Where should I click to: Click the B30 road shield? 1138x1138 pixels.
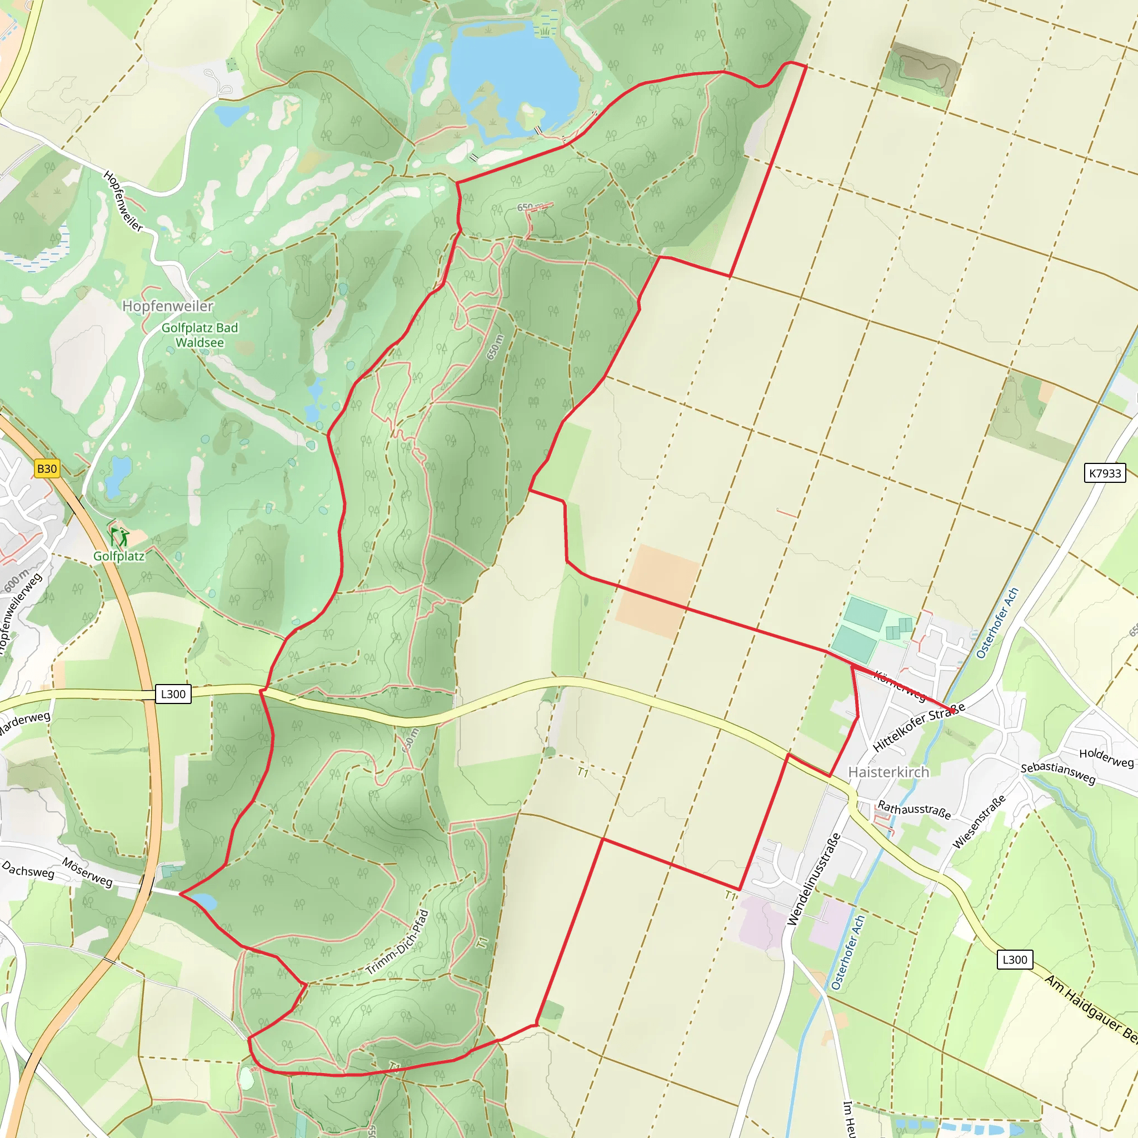coord(47,469)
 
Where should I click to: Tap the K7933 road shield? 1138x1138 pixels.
coord(1105,473)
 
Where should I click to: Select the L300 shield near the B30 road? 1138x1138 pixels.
coord(173,694)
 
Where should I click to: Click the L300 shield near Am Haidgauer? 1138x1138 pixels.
coord(1015,960)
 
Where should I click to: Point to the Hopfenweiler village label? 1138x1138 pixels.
coord(168,306)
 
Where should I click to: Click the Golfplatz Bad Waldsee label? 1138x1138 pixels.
coord(199,335)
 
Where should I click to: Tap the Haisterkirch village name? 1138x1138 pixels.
coord(889,772)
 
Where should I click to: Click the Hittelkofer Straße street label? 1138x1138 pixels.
coord(919,727)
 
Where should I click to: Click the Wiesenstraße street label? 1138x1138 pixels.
coord(979,822)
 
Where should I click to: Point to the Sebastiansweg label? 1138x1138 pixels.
coord(1058,773)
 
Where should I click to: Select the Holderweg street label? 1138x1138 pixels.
coord(1106,757)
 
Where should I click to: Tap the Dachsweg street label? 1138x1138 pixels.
coord(28,870)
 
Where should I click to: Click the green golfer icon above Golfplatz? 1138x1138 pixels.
coord(119,537)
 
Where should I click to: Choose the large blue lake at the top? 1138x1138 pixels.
coord(512,74)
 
